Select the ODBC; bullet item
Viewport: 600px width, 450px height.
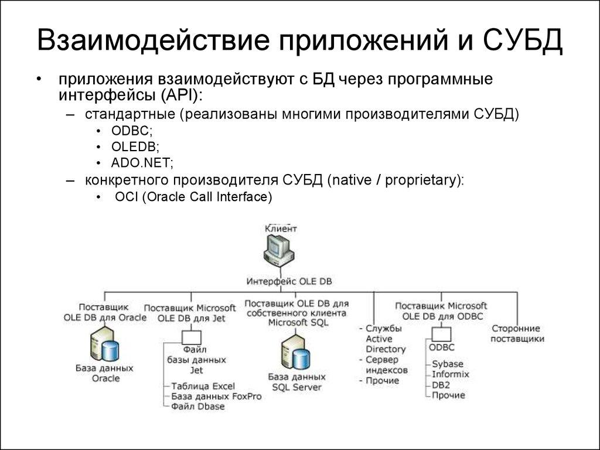(130, 131)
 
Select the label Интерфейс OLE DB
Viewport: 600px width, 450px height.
(289, 281)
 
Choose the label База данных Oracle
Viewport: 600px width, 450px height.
(105, 373)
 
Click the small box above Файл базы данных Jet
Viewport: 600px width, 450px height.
(191, 337)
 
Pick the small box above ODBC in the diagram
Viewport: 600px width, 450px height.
(442, 334)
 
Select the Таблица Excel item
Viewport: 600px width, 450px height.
(203, 386)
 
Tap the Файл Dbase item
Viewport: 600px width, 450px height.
(197, 406)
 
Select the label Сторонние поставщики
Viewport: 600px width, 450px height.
(517, 333)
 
